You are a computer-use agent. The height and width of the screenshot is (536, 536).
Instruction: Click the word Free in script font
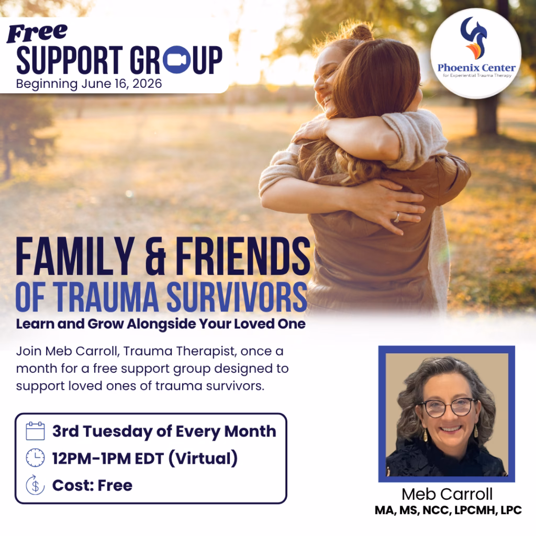pos(37,33)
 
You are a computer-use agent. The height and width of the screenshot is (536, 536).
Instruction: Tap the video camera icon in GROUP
pos(176,60)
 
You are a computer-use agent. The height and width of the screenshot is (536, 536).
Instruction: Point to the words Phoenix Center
pos(476,68)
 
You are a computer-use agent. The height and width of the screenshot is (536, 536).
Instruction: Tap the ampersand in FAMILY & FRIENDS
pos(155,257)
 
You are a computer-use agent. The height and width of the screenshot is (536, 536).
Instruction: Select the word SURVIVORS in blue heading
pos(237,297)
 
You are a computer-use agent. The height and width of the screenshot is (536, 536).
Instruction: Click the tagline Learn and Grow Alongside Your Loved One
pos(161,324)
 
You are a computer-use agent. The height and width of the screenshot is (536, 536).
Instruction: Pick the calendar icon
pos(35,431)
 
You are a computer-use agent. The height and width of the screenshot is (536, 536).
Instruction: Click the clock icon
pos(35,457)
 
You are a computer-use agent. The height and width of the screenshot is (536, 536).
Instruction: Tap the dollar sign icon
pos(35,485)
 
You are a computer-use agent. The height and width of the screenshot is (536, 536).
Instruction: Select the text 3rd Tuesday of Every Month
pos(164,431)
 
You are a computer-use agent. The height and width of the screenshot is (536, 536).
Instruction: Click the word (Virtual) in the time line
pos(203,459)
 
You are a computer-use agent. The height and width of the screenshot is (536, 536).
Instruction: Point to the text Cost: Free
pos(92,485)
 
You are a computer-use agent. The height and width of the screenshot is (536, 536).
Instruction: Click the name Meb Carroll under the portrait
pos(447,494)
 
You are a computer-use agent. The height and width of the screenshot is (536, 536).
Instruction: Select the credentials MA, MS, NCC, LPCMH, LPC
pos(448,510)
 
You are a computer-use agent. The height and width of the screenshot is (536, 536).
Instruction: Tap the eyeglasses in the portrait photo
pos(448,407)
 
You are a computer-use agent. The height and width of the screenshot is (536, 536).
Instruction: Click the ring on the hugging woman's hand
pos(397,217)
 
